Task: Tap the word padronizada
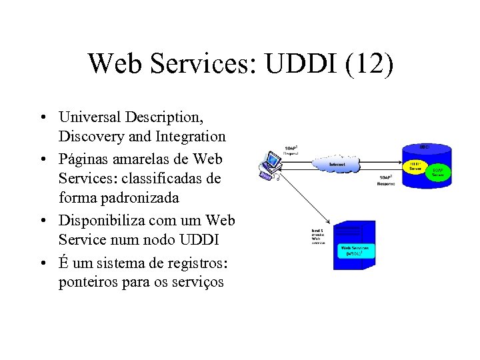point(143,199)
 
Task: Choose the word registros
point(193,262)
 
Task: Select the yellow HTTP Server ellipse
point(415,167)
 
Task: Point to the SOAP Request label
point(291,149)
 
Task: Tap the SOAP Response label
point(386,180)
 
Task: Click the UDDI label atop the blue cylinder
point(425,147)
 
